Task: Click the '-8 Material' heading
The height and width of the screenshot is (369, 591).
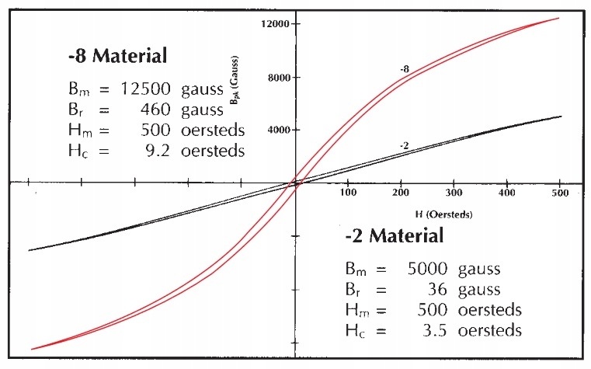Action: tap(117, 57)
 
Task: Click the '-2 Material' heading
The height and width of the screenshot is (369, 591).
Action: tap(395, 236)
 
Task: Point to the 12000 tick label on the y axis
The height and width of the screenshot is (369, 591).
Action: tap(275, 24)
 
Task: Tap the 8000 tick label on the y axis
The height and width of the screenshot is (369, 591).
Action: tap(277, 78)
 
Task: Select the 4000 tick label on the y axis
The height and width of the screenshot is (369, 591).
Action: tap(277, 131)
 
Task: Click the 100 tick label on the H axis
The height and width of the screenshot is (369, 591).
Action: tap(348, 192)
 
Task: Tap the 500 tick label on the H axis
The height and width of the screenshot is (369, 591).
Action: tap(560, 192)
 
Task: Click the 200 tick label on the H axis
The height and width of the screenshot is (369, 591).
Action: tap(402, 192)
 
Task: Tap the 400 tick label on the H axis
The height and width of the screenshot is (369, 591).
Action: tap(507, 192)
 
